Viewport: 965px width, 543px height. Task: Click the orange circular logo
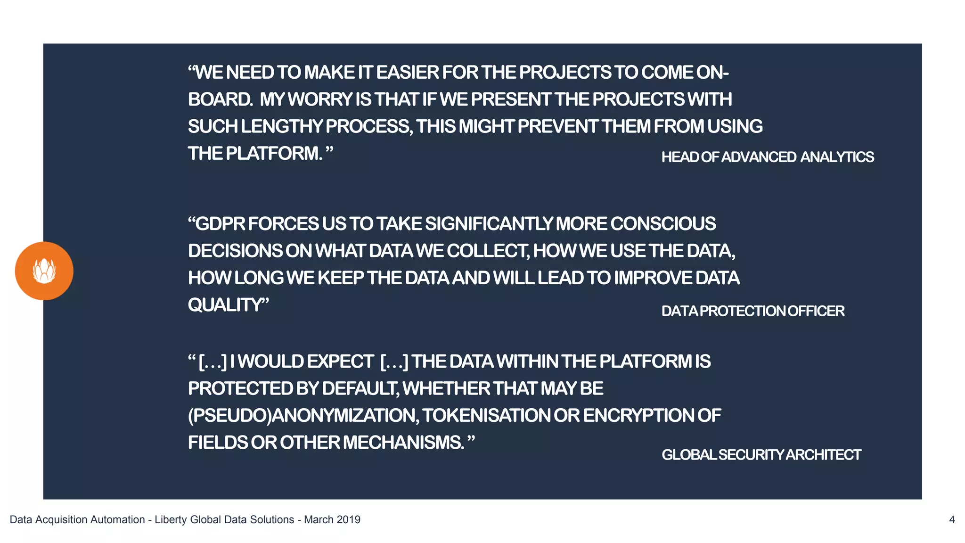(x=44, y=271)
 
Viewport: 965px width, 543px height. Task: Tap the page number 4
(x=952, y=519)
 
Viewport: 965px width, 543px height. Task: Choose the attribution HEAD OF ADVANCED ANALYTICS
(x=767, y=157)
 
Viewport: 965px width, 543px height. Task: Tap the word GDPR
(x=220, y=224)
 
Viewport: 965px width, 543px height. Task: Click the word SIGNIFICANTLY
(x=489, y=224)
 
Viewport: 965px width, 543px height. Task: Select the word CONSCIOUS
(x=663, y=224)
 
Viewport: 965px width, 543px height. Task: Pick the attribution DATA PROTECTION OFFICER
(x=752, y=311)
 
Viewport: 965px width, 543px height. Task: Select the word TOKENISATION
(x=486, y=416)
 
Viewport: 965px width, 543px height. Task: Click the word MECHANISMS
(x=403, y=443)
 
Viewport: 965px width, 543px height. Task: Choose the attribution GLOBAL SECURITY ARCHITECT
(x=761, y=455)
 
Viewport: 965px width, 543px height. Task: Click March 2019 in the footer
(x=332, y=519)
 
